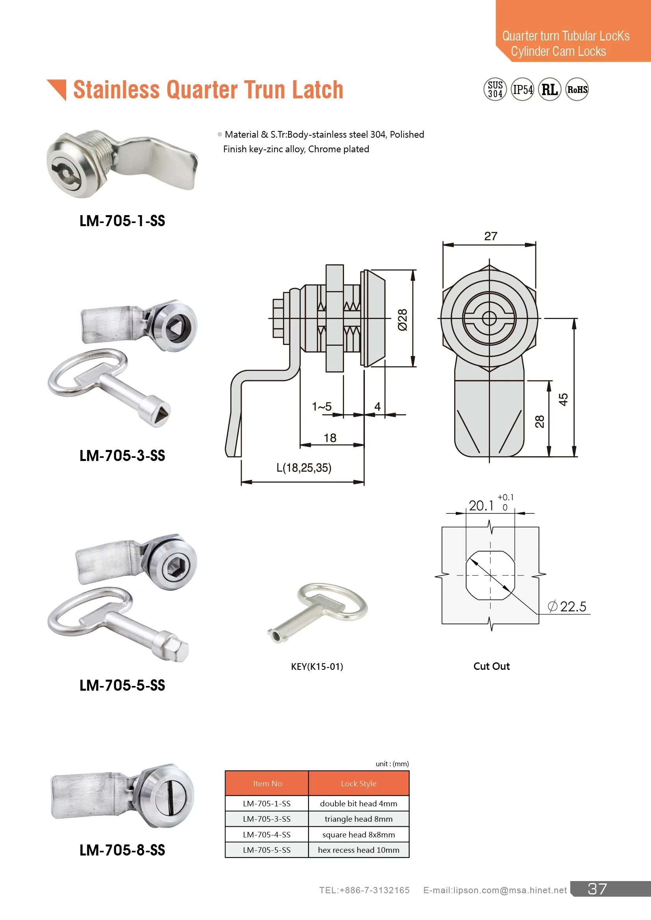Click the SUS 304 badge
click(495, 89)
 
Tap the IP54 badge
click(522, 89)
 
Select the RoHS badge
click(577, 89)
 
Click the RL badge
click(549, 89)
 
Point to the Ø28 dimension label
click(403, 320)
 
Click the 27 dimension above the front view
click(490, 236)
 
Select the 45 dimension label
click(563, 399)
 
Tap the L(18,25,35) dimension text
click(304, 468)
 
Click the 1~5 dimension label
click(322, 407)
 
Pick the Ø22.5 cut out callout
click(567, 607)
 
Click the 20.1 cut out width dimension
click(481, 506)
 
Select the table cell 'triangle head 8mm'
click(359, 819)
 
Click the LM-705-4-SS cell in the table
click(266, 835)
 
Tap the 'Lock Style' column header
click(359, 784)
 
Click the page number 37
click(597, 889)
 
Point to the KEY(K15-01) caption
click(317, 667)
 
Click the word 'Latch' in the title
click(318, 89)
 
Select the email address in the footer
click(495, 891)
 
